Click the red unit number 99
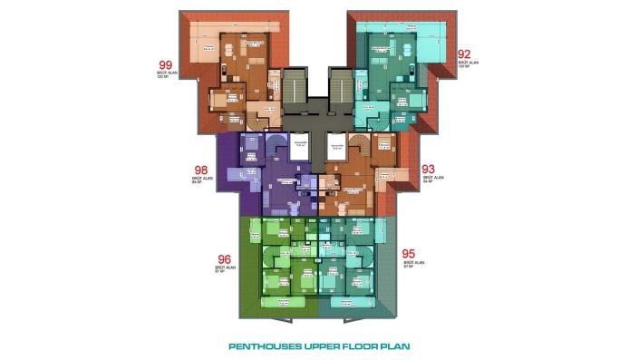coord(166,64)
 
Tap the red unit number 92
coord(464,54)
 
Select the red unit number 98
coord(202,169)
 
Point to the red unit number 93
coord(430,169)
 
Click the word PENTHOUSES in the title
coord(258,345)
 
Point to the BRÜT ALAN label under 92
coord(464,64)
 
